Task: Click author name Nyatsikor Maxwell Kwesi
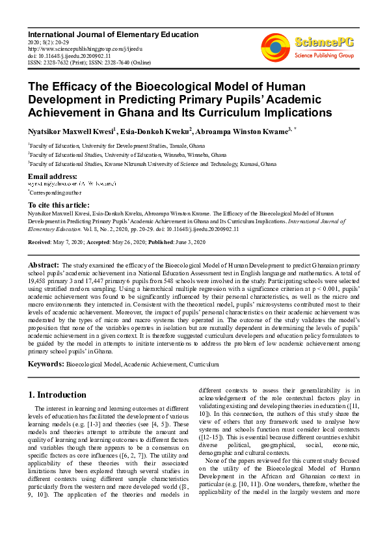(70, 131)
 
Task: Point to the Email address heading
(53, 176)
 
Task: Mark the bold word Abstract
(43, 266)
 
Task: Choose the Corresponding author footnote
(53, 193)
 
